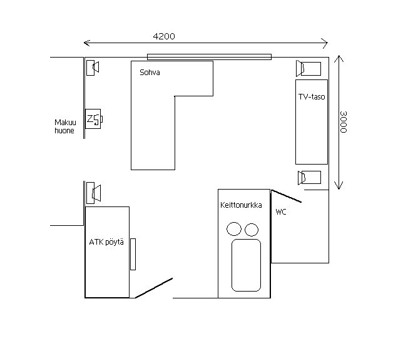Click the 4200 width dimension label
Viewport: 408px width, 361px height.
tap(164, 36)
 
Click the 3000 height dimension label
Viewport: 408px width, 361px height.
tap(344, 122)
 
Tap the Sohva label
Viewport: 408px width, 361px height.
tap(150, 73)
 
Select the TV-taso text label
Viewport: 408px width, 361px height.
tap(312, 97)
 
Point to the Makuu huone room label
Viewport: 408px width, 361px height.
tap(65, 126)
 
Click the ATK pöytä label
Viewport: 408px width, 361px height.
tap(106, 242)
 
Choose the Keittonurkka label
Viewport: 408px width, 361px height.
tap(241, 205)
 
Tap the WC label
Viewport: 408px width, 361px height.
tap(281, 212)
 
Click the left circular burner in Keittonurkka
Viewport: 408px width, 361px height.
tap(234, 229)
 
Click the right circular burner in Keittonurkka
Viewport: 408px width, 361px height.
tap(252, 230)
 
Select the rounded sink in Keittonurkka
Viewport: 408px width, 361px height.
tap(246, 265)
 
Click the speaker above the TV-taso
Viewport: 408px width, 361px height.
tap(309, 68)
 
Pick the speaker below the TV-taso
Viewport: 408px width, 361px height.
tap(309, 178)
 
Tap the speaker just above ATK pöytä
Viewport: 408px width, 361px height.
tap(93, 193)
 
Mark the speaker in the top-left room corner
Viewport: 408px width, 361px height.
tap(93, 68)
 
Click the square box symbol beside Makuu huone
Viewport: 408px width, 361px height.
tap(94, 119)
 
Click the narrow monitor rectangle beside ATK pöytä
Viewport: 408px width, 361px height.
tap(133, 254)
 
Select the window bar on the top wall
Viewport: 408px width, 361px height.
tap(209, 57)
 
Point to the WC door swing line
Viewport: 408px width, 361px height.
tap(287, 196)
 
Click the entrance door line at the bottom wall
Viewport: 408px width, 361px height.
tap(154, 288)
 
